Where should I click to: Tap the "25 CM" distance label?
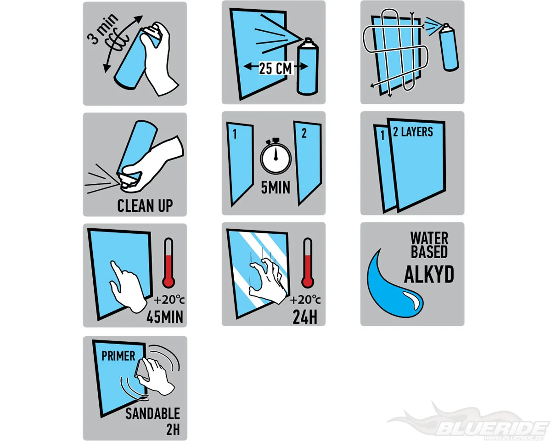tap(275, 68)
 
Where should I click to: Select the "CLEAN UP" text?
tap(145, 206)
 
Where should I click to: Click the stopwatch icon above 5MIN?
tap(276, 156)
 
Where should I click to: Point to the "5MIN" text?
tap(276, 187)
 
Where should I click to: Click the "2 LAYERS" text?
tap(413, 132)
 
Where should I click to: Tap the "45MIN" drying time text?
tap(165, 317)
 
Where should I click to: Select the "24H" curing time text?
tap(305, 317)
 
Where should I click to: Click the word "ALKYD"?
tap(429, 274)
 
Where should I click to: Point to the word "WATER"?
tap(429, 238)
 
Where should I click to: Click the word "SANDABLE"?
tap(152, 413)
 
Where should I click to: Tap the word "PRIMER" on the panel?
tap(118, 356)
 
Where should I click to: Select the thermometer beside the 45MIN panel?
tap(169, 263)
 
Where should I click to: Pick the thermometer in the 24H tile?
tap(307, 263)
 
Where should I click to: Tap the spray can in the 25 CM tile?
tap(307, 67)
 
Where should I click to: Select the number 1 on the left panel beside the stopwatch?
tap(235, 134)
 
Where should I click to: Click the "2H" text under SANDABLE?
tap(173, 430)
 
